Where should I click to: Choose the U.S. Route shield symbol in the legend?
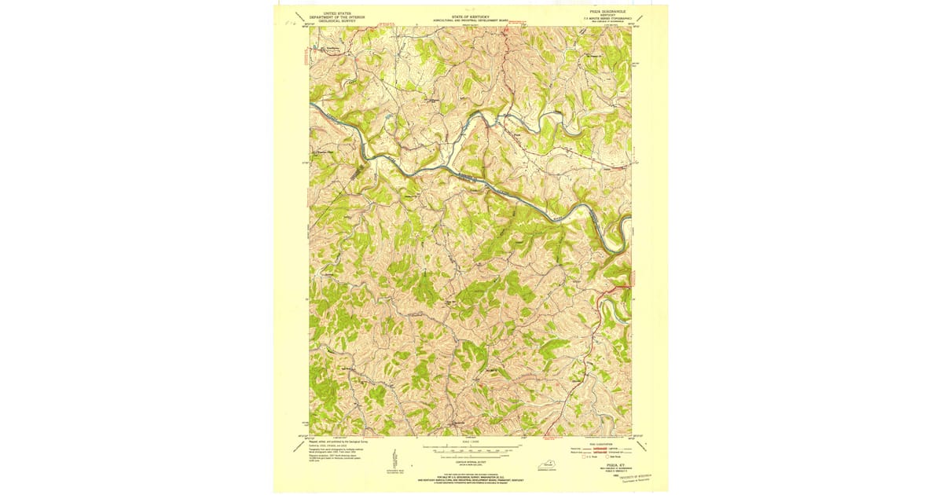585,457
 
